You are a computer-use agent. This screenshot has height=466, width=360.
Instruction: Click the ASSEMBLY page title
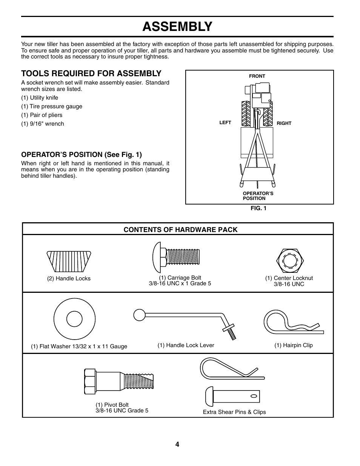tap(177, 26)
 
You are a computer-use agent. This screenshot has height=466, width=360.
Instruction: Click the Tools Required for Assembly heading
tap(91, 73)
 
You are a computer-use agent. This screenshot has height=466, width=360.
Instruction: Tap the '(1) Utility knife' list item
tap(40, 98)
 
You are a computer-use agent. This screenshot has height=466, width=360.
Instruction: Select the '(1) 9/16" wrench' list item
tap(43, 124)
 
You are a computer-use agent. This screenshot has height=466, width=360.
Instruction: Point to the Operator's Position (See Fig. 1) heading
tap(82, 154)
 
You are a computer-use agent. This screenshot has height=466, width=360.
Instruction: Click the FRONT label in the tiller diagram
tap(257, 76)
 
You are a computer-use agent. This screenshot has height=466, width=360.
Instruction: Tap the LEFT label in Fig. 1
tap(225, 123)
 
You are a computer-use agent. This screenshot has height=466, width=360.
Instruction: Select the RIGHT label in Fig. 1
tap(284, 123)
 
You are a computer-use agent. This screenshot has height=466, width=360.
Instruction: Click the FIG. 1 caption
tap(258, 208)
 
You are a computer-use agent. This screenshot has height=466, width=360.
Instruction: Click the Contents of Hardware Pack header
tap(181, 229)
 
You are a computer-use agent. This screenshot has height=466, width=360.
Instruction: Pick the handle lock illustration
tap(69, 261)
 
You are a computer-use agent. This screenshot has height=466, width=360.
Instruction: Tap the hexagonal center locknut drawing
tap(290, 261)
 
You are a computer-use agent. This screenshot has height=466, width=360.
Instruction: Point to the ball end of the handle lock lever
tap(139, 315)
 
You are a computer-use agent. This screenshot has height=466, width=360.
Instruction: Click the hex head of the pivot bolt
tap(90, 382)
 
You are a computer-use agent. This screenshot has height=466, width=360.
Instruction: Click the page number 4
tap(177, 444)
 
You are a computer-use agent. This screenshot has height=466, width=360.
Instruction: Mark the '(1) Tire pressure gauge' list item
tap(51, 106)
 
